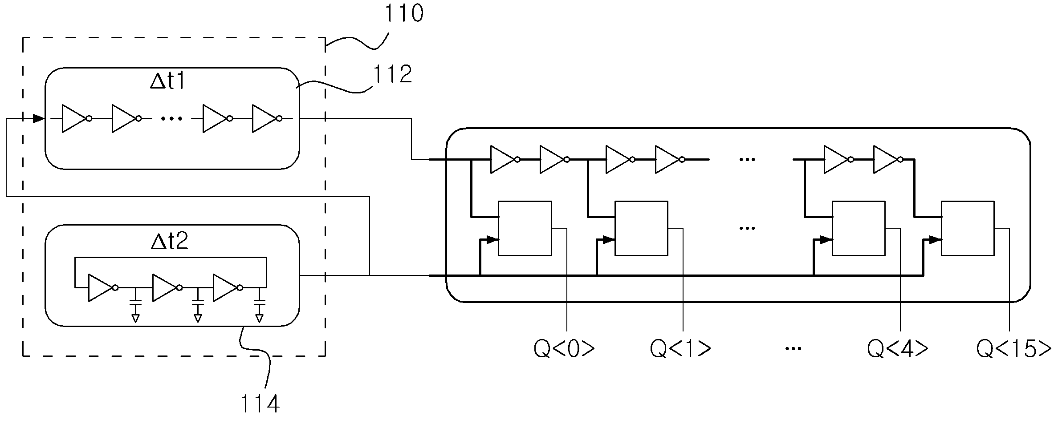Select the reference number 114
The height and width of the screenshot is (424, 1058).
[260, 404]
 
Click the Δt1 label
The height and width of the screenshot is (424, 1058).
[167, 82]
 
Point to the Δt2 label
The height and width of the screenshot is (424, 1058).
[170, 241]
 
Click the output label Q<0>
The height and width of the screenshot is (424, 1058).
[564, 349]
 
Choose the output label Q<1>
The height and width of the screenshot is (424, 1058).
[680, 349]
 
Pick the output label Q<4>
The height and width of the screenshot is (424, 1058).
[897, 349]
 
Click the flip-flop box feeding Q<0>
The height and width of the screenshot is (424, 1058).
[525, 229]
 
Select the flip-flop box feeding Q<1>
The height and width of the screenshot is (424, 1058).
[641, 229]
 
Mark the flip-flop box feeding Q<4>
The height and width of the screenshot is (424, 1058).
[859, 229]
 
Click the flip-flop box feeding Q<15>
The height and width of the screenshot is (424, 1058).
[968, 229]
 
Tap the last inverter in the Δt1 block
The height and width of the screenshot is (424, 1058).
[267, 119]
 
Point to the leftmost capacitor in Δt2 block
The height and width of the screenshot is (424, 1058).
[136, 305]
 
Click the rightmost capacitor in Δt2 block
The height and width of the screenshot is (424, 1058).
[259, 305]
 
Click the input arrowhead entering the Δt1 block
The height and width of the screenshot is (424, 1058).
[39, 119]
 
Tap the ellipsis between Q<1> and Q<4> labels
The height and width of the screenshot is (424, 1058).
[793, 349]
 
